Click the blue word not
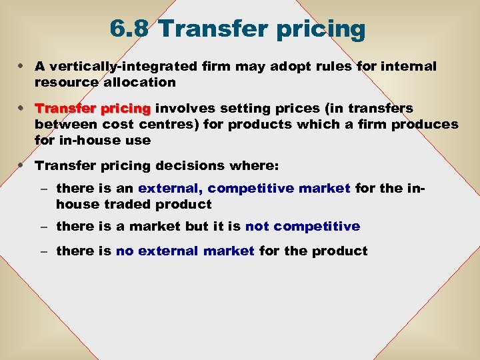(257, 227)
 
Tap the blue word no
(125, 251)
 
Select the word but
(197, 227)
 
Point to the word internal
(406, 67)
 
